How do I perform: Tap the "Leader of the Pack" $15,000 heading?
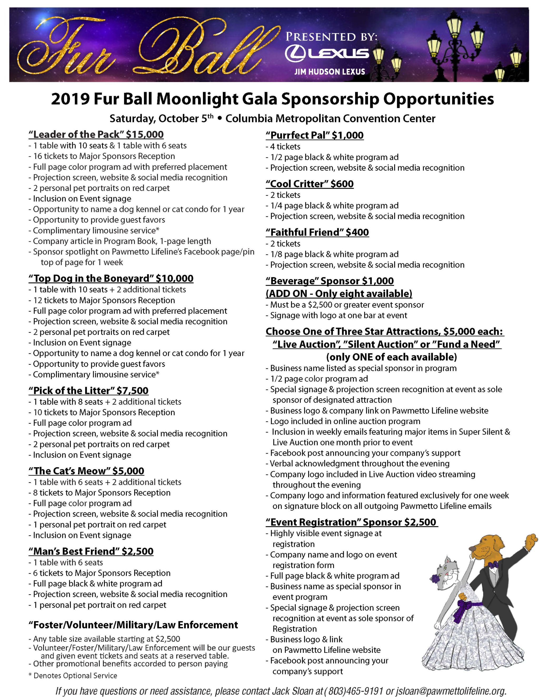[96, 135]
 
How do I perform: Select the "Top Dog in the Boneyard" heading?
[111, 278]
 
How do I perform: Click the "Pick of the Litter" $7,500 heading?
[88, 390]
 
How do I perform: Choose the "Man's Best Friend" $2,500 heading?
[91, 551]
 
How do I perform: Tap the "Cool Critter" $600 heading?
[310, 184]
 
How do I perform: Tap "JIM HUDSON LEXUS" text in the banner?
[330, 72]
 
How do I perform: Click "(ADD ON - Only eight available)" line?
[339, 294]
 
